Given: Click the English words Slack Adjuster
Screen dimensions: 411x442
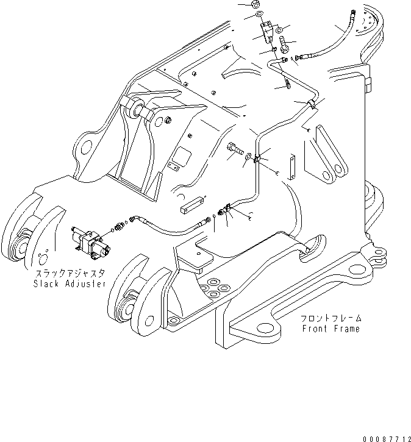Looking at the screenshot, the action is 70,283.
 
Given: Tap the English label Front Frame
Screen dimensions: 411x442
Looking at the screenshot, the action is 331,329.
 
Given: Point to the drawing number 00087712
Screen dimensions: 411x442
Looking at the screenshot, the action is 387,439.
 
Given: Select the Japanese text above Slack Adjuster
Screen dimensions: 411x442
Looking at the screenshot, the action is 71,274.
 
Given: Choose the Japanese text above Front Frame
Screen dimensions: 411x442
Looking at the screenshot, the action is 331,318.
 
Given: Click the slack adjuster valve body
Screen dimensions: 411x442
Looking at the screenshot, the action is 91,241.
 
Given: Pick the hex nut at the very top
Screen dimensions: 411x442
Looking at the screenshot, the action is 255,4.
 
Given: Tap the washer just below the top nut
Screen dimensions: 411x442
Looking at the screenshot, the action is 259,14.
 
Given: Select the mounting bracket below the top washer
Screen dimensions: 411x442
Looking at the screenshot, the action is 266,33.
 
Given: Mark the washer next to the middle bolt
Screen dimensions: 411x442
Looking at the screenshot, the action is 248,156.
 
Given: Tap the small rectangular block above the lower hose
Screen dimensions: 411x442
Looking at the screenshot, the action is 192,206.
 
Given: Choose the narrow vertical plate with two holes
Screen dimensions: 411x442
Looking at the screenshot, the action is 293,168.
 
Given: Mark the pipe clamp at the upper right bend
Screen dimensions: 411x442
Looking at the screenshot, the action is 312,104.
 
